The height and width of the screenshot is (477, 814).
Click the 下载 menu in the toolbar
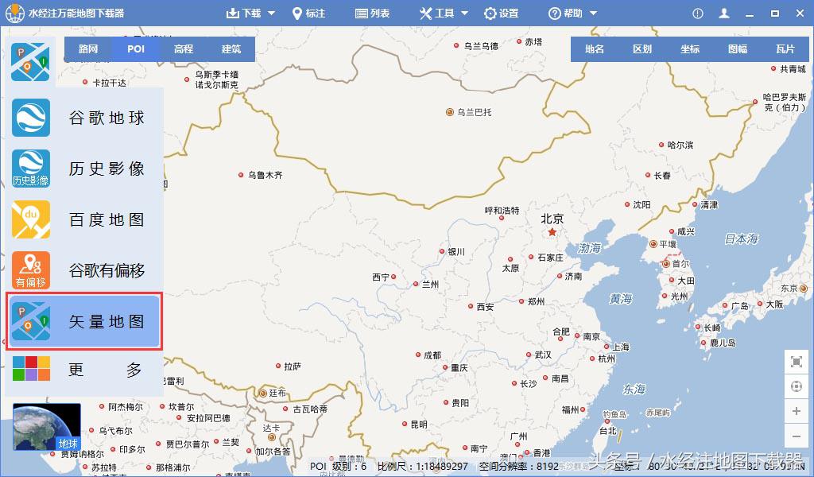tap(250, 14)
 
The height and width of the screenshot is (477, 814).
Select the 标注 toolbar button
tap(308, 14)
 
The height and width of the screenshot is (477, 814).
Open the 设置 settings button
tap(501, 14)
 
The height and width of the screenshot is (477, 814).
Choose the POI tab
tap(136, 49)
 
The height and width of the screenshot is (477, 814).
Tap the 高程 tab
tap(184, 49)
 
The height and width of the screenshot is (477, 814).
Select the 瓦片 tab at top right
tap(785, 49)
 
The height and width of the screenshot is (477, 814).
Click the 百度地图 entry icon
tap(31, 219)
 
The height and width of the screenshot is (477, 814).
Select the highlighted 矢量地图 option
tap(84, 321)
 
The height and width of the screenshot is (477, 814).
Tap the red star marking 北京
tap(552, 233)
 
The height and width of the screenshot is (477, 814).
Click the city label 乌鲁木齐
tap(265, 175)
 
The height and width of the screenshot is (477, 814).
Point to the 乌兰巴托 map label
tap(474, 113)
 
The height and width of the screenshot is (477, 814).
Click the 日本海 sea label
tap(741, 238)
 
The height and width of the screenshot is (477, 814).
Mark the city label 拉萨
tap(293, 366)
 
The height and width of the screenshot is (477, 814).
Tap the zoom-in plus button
tap(797, 411)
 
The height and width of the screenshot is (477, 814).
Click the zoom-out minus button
tap(797, 436)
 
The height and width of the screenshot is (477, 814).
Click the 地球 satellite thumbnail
tap(47, 427)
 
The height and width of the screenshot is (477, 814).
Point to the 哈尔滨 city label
tap(680, 145)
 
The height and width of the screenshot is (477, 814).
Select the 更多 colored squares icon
tap(31, 368)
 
